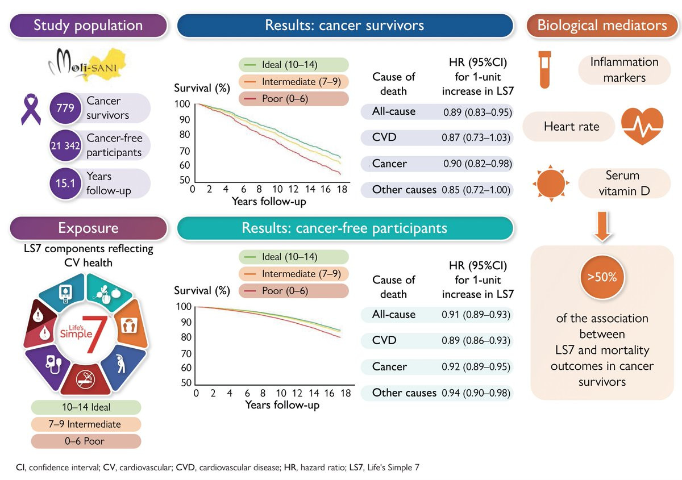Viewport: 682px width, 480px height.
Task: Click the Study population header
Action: [x=88, y=26]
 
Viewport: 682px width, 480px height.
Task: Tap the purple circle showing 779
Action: [x=64, y=108]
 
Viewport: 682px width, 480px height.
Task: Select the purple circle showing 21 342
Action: [x=64, y=146]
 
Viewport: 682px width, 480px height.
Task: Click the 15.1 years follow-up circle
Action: [x=64, y=183]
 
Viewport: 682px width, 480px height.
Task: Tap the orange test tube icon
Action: [x=544, y=69]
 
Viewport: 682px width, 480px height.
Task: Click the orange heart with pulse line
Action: [x=642, y=126]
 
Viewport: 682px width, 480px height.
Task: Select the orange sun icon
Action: [x=550, y=183]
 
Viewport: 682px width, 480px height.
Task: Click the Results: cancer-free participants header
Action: [x=345, y=228]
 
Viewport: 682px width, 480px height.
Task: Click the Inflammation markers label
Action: [x=624, y=69]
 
